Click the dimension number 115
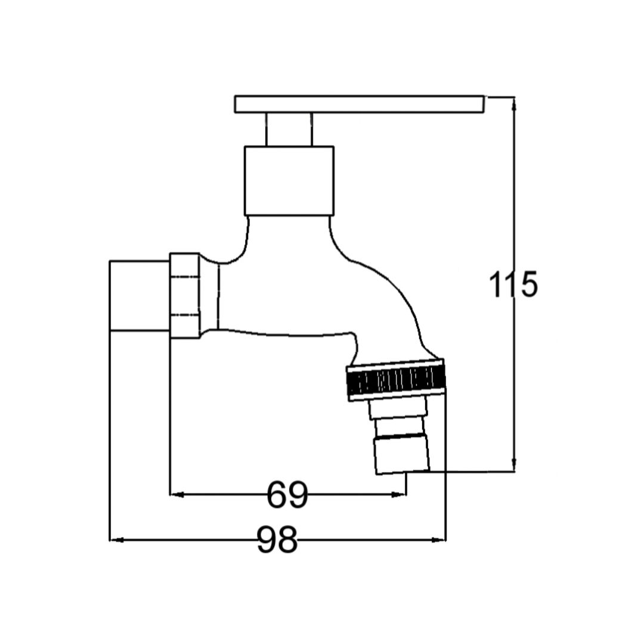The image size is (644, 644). pos(513,284)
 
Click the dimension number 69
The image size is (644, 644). pos(287,495)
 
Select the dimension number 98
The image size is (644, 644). pos(277,540)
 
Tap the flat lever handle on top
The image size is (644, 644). pos(360,104)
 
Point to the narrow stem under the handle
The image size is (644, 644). pos(289,129)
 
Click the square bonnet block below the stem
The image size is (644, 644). pos(289,181)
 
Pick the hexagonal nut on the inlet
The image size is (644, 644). pos(185,296)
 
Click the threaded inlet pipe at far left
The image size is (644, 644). pos(140,295)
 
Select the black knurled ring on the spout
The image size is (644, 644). pos(396,380)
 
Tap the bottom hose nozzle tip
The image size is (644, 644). pos(402,455)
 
